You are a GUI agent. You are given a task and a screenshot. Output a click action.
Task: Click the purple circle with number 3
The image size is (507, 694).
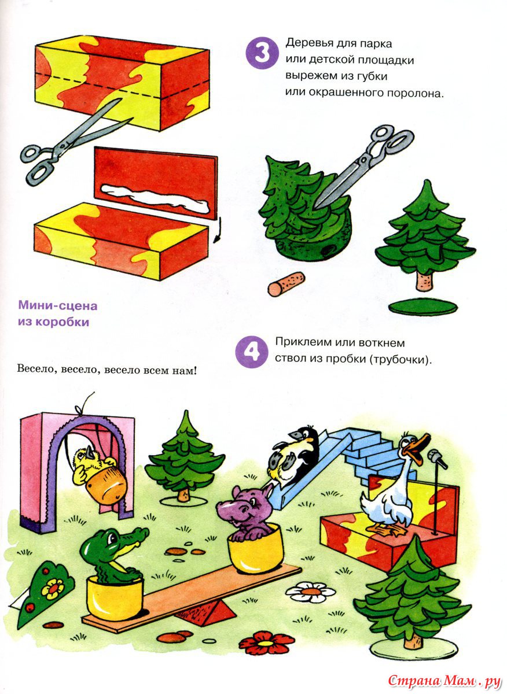coord(262,53)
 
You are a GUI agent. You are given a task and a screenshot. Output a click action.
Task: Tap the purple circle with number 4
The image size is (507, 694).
coord(252,352)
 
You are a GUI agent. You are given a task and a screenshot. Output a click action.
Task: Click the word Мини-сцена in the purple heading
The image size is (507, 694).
coord(58,305)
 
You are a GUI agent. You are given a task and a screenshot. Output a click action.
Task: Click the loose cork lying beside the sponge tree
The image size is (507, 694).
coord(286,284)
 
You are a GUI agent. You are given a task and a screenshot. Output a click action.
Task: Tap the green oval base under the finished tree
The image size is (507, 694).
coord(423,307)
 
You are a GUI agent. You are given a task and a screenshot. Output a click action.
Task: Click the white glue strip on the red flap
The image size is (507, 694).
coord(155,198)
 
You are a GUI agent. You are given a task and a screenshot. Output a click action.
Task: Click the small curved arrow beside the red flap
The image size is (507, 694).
coord(218,230)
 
